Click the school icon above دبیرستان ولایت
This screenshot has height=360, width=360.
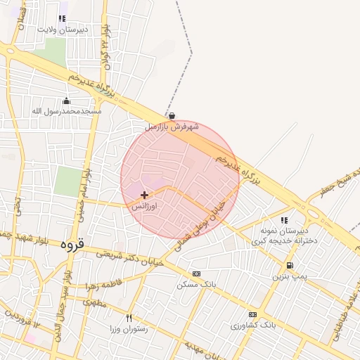[62, 19]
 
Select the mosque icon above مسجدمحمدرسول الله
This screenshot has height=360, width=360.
[67, 101]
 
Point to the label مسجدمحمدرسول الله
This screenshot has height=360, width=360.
[67, 111]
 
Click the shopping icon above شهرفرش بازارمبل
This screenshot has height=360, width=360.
[172, 116]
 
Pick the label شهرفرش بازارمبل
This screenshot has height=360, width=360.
[172, 127]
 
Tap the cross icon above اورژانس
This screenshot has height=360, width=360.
[145, 195]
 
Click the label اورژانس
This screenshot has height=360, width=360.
[145, 207]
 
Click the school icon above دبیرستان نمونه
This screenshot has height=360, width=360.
[283, 220]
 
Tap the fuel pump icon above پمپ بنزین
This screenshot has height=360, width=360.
[290, 266]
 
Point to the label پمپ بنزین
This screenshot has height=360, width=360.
[290, 277]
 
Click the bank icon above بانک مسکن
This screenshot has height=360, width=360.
[196, 274]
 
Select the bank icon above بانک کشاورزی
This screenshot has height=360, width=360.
[252, 314]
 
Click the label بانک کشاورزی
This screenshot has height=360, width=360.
[254, 326]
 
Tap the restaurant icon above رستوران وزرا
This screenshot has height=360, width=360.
[129, 318]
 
